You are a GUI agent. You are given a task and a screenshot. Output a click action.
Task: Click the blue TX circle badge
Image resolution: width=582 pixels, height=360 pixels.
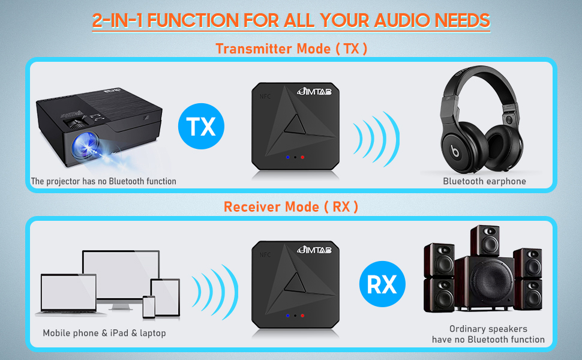pos(201,126)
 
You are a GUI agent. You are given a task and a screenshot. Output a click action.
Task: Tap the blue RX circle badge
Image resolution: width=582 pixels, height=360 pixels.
pos(382,284)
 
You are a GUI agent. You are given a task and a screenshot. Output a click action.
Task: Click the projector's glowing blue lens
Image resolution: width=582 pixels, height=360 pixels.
pos(85,145)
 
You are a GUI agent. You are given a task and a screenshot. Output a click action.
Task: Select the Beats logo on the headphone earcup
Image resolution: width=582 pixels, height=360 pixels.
pos(455,151)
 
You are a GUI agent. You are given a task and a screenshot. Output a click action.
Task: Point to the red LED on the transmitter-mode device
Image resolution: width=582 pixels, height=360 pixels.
pos(302,157)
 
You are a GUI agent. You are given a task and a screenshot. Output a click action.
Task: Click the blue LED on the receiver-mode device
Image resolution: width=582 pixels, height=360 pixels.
pos(287,316)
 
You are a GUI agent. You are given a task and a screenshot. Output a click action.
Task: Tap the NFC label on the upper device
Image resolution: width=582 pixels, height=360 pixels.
pos(265,97)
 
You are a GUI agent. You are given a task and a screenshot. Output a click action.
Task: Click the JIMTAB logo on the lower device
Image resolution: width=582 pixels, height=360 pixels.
pos(314,250)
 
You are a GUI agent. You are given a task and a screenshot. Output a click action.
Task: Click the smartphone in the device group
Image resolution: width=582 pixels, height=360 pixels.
pos(149,307)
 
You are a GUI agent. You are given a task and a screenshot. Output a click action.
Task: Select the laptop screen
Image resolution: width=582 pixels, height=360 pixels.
pos(68,292)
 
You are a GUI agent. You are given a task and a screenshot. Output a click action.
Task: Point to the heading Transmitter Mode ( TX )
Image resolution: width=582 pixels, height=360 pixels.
pos(292,49)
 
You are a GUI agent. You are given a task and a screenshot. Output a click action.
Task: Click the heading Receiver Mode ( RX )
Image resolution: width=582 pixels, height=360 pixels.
pos(291,207)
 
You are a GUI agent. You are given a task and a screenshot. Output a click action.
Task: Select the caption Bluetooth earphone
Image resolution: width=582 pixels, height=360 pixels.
pos(484,181)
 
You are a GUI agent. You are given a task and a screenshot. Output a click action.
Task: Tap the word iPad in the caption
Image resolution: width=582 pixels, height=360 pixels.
pos(119,333)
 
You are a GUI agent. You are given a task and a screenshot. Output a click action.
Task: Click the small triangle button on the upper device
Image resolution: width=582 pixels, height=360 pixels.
pos(295,125)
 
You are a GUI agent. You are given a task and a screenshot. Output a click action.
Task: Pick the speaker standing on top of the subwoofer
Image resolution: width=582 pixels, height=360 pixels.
pos(485,241)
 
